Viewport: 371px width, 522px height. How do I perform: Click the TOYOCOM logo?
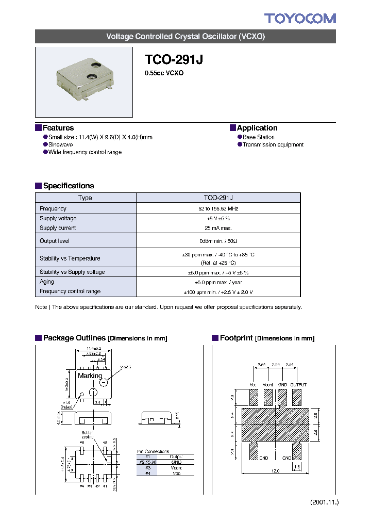(300, 19)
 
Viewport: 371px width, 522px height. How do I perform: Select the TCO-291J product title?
(174, 59)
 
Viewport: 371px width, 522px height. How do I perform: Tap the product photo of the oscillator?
(84, 81)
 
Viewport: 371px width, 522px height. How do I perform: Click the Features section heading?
(58, 128)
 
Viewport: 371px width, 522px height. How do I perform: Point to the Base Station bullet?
(258, 137)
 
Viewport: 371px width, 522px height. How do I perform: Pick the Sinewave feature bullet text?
(61, 145)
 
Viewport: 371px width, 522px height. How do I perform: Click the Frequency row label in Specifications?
(53, 209)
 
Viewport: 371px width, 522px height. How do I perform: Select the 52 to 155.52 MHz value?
(218, 209)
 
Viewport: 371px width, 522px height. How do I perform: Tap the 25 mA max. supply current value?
(218, 228)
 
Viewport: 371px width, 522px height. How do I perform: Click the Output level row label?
(55, 241)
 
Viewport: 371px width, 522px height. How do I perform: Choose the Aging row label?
(47, 282)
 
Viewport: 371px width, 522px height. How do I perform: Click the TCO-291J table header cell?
(218, 198)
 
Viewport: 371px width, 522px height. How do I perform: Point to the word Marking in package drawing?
(90, 376)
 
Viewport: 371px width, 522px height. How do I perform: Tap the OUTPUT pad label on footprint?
(298, 385)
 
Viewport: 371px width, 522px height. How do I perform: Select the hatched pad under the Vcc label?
(254, 397)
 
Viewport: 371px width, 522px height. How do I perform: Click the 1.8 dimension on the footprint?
(297, 466)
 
